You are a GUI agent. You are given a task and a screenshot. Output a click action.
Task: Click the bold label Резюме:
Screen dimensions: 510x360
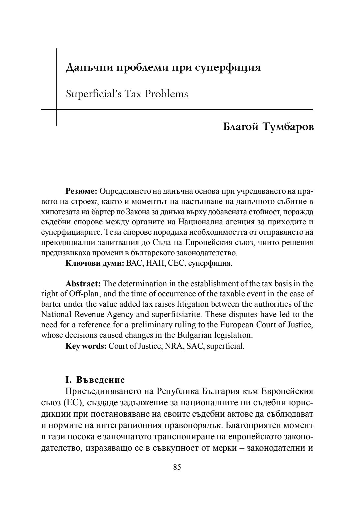pyautogui.click(x=81, y=191)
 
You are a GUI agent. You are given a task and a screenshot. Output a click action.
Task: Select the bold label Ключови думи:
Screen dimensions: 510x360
pyautogui.click(x=95, y=263)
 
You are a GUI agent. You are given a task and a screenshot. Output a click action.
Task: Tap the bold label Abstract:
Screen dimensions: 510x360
pyautogui.click(x=83, y=284)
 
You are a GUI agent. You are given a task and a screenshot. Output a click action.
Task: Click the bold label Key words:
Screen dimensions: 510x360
pyautogui.click(x=86, y=346)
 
